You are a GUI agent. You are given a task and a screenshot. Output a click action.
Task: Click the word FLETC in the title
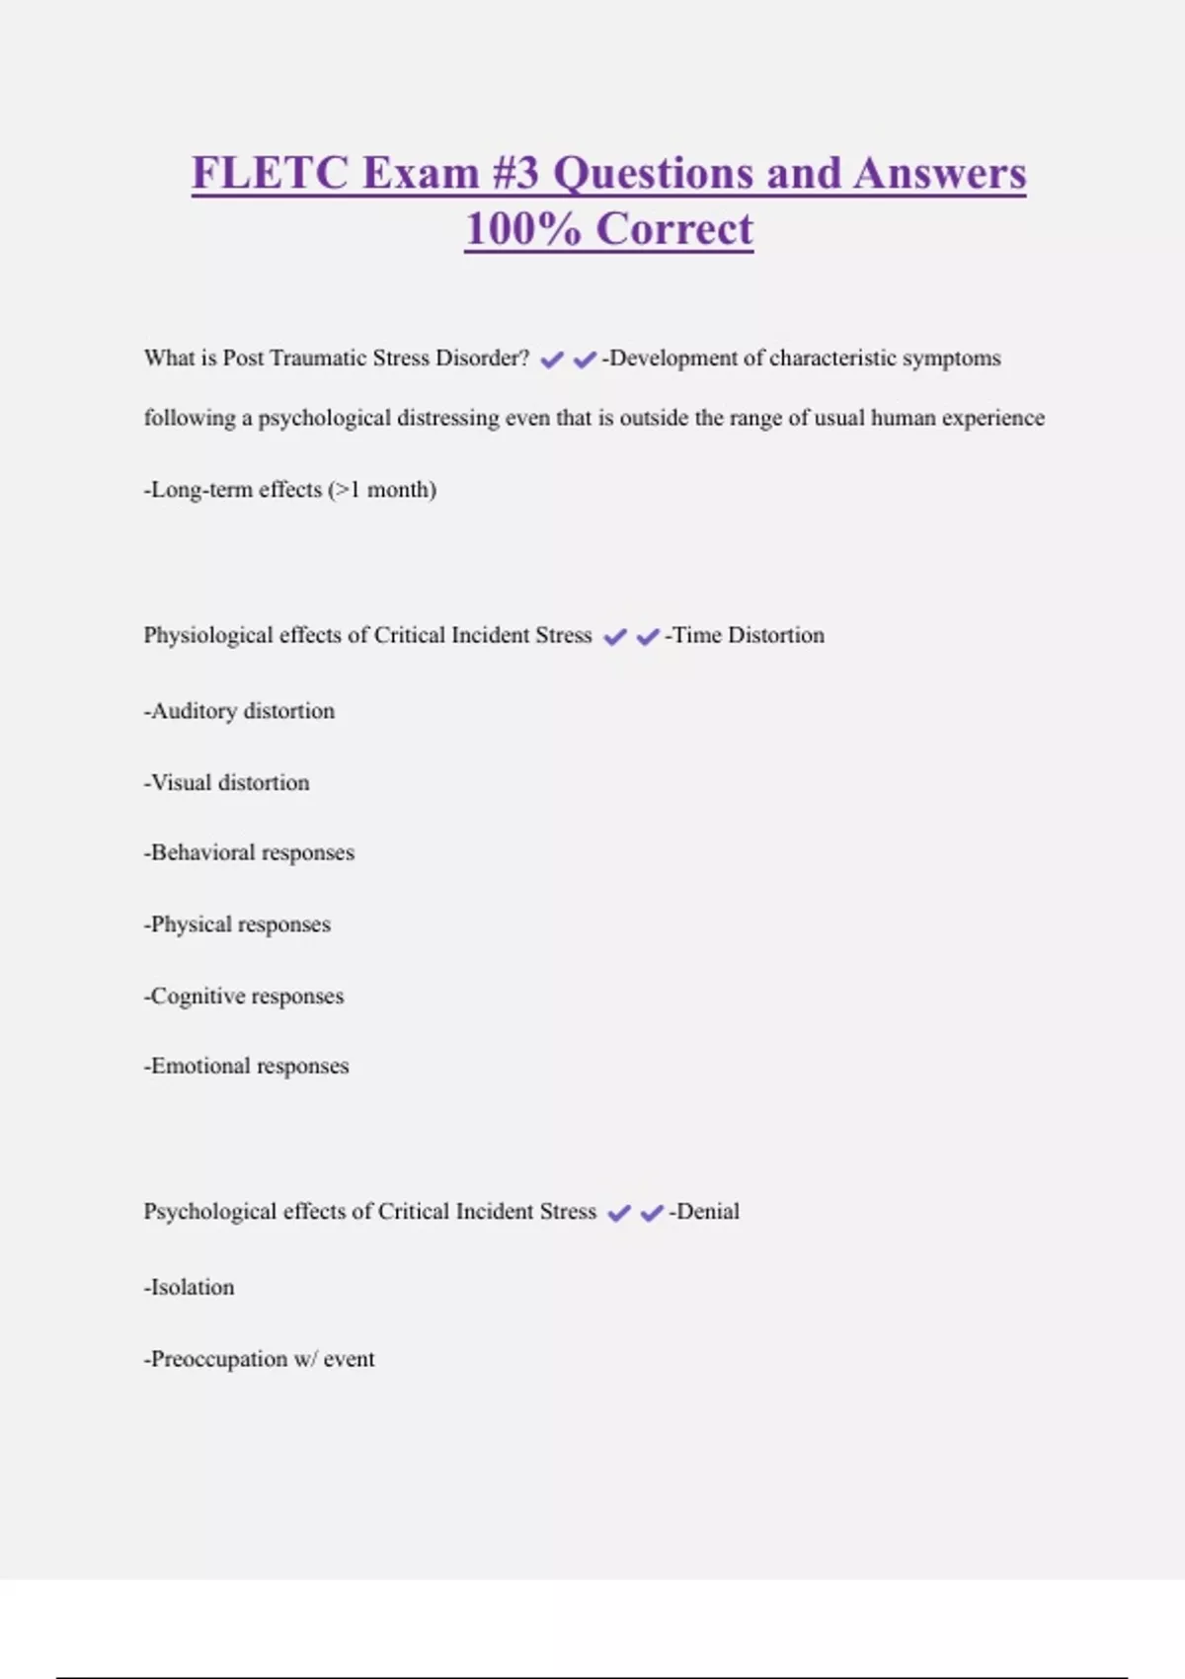[270, 173]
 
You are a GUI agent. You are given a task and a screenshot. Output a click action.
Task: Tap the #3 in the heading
[514, 173]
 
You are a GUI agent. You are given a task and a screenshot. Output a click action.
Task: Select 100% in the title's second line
[522, 229]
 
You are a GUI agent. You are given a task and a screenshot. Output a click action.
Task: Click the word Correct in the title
[674, 229]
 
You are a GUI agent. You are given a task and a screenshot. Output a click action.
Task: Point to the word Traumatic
[315, 358]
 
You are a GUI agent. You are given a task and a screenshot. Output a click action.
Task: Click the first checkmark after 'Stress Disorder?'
[552, 360]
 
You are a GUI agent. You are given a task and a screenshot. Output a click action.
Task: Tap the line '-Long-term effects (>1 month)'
[290, 490]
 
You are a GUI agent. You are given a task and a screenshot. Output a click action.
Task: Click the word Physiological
[207, 635]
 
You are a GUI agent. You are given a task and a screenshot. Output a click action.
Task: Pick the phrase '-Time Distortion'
[745, 635]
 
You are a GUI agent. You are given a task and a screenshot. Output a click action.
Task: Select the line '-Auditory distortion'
[239, 711]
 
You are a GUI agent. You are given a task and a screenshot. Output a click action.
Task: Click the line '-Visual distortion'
[227, 782]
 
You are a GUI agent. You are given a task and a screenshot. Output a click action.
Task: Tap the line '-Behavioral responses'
[249, 852]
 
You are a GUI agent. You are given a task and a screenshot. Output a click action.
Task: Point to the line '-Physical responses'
[237, 924]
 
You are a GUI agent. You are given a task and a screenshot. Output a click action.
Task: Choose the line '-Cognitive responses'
[244, 996]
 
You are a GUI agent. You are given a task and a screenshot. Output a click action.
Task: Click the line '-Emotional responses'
[246, 1066]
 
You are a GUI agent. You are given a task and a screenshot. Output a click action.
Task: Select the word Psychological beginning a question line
[209, 1211]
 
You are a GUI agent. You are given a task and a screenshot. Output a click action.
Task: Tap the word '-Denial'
[704, 1211]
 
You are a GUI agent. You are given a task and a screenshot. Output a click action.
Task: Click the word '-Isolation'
[190, 1287]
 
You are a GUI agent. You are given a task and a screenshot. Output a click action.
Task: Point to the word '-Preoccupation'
[216, 1359]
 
